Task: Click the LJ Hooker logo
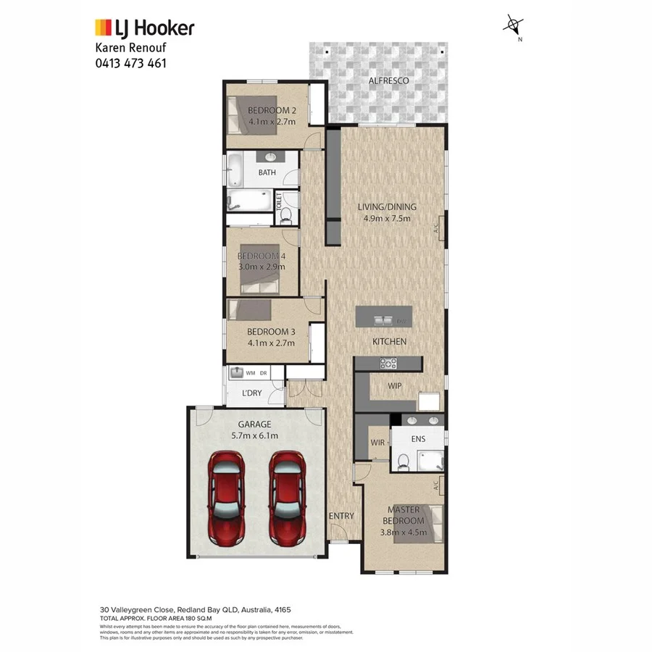click(145, 28)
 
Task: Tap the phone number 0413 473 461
click(131, 63)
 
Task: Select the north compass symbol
click(514, 26)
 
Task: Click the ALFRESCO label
click(389, 80)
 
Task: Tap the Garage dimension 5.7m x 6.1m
click(254, 435)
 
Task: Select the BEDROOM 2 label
click(272, 110)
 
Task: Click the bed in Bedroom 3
click(250, 311)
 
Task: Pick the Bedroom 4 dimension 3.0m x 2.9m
click(262, 267)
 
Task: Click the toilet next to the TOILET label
click(285, 214)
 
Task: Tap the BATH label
click(267, 172)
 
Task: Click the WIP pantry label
click(395, 386)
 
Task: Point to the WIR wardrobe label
click(377, 442)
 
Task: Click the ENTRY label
click(341, 516)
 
